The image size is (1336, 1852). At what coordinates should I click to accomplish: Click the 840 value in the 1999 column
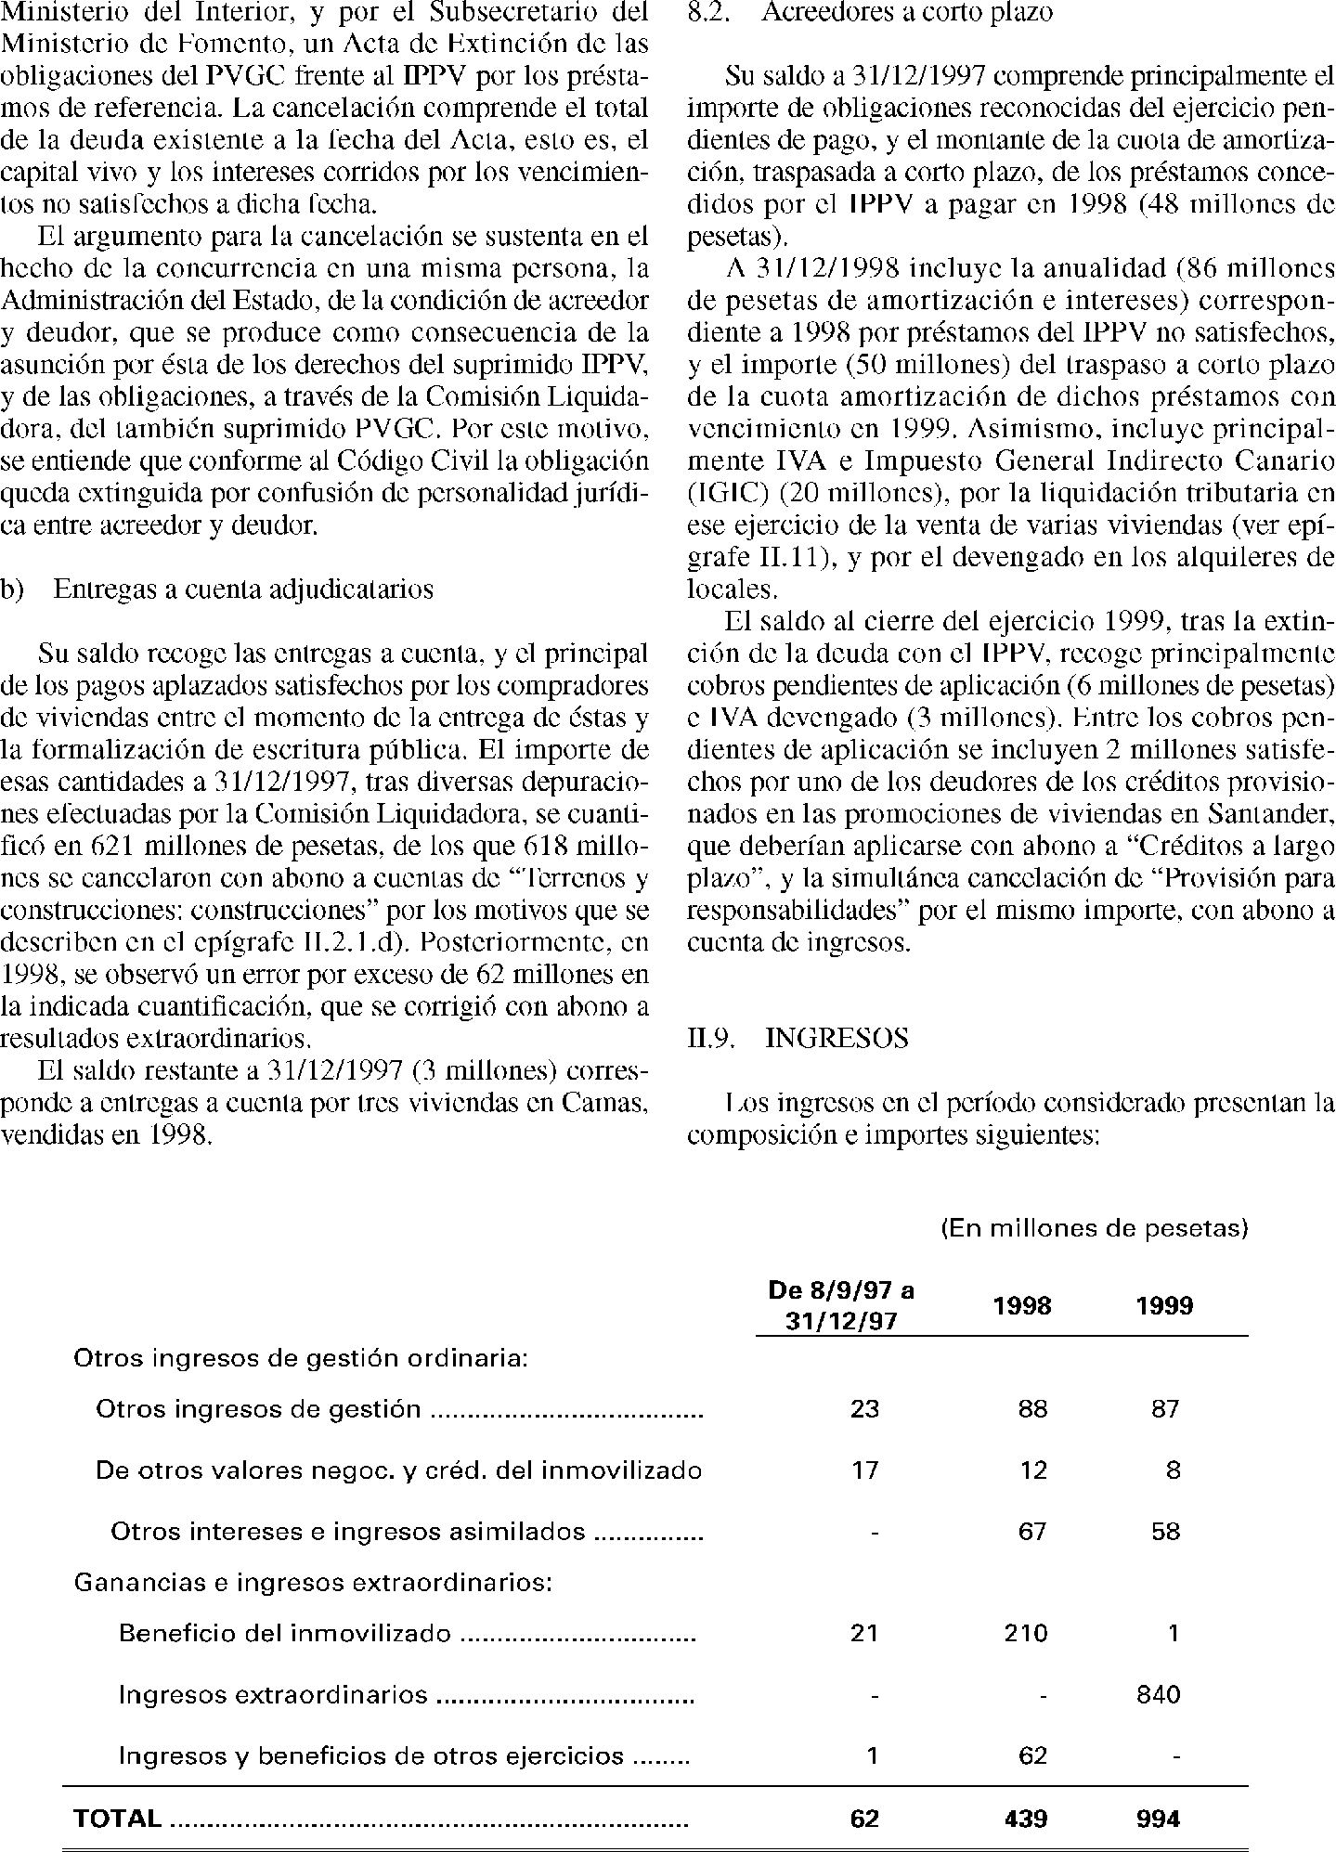click(1158, 1695)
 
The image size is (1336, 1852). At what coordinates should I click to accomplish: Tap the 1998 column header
click(1021, 1306)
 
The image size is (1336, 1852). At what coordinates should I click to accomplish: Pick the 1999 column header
click(1164, 1306)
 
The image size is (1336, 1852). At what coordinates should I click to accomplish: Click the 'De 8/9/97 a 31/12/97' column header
click(841, 1305)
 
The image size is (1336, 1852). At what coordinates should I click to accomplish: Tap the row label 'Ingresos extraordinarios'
click(273, 1695)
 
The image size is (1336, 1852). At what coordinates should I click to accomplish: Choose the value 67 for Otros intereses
click(1032, 1531)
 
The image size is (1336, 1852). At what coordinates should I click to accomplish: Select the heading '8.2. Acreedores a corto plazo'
click(870, 15)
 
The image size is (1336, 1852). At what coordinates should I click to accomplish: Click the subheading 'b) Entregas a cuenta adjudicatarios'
click(217, 589)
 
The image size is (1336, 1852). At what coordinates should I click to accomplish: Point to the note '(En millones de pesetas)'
click(1095, 1229)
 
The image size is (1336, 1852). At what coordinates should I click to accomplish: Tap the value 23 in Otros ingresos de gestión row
click(864, 1409)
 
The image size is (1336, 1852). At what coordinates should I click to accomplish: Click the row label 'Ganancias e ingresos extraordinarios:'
click(313, 1582)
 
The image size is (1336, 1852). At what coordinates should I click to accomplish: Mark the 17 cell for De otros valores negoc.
click(864, 1470)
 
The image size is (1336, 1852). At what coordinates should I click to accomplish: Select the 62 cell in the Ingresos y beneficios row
click(1032, 1756)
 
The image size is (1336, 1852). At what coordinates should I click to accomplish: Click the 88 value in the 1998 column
click(1032, 1409)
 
